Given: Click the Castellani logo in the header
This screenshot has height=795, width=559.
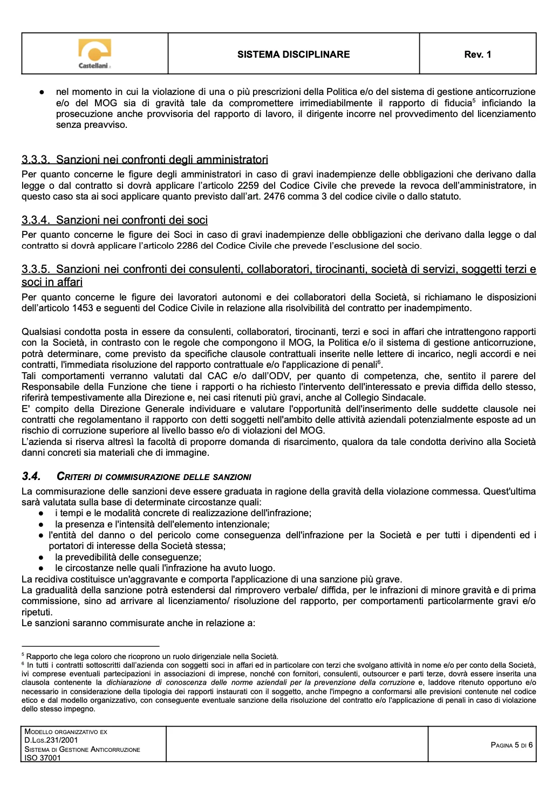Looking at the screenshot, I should click(x=94, y=53).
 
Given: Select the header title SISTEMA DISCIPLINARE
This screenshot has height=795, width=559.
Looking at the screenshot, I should click(x=294, y=54).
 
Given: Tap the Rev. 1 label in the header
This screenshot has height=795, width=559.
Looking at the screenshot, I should click(x=478, y=54).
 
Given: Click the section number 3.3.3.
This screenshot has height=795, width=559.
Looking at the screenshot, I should click(x=36, y=160).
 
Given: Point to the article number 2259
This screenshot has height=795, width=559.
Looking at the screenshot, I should click(x=249, y=186).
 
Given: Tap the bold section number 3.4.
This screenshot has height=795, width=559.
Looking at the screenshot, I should click(x=31, y=476).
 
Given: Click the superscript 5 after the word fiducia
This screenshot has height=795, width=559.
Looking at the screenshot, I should click(x=474, y=100).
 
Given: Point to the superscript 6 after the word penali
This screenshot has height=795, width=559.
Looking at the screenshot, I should click(x=379, y=362).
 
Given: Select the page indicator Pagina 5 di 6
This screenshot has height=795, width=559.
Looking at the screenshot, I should click(x=512, y=745).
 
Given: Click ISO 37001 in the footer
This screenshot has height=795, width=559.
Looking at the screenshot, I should click(x=43, y=758).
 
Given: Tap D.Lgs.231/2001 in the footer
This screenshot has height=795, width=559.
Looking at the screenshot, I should click(x=51, y=741).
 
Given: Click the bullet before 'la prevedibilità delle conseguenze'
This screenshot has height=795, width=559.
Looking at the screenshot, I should click(x=41, y=557).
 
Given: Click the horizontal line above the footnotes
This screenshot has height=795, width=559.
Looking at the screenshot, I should click(x=90, y=646).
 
